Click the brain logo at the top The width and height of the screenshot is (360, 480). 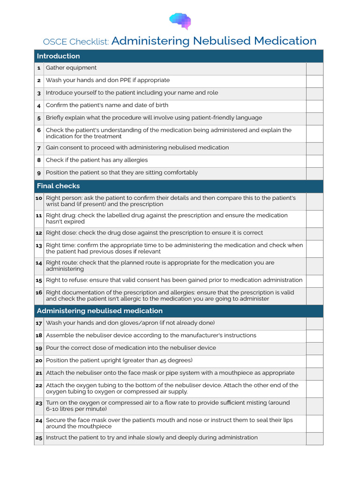pyautogui.click(x=180, y=21)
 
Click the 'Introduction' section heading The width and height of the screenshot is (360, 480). pyautogui.click(x=59, y=56)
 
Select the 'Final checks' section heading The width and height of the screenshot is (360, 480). pyautogui.click(x=59, y=186)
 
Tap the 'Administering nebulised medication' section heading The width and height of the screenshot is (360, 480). pyautogui.click(x=100, y=311)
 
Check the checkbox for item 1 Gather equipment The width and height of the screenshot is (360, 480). pyautogui.click(x=315, y=68)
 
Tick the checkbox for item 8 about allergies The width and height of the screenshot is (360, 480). pyautogui.click(x=315, y=161)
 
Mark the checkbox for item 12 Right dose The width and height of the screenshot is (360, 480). pyautogui.click(x=315, y=233)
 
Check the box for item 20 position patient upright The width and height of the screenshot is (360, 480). pyautogui.click(x=315, y=361)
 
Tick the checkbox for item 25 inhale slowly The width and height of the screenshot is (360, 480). pyautogui.click(x=315, y=438)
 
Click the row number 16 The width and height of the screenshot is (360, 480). pyautogui.click(x=39, y=292)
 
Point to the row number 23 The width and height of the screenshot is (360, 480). pyautogui.click(x=39, y=403)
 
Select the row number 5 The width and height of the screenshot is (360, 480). pyautogui.click(x=39, y=118)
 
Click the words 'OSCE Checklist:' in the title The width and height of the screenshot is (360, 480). pyautogui.click(x=76, y=42)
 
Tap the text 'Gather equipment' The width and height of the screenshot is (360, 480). pyautogui.click(x=71, y=68)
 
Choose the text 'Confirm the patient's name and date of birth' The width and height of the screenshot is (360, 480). pyautogui.click(x=107, y=105)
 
